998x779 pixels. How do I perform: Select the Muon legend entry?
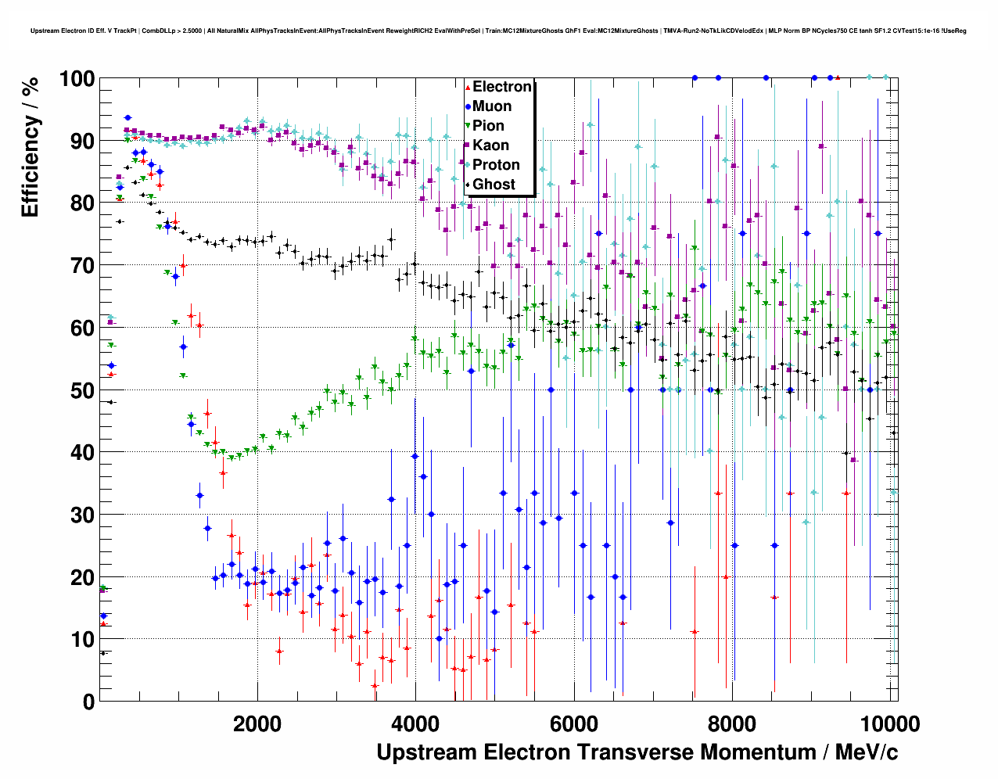pyautogui.click(x=492, y=106)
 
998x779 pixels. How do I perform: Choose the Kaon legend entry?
pyautogui.click(x=490, y=145)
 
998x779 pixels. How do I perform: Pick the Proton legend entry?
pyautogui.click(x=496, y=165)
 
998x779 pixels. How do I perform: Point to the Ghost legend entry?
pyautogui.click(x=494, y=185)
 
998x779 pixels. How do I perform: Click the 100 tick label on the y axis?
pyautogui.click(x=77, y=79)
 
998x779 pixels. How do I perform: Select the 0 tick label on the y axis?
pyautogui.click(x=88, y=702)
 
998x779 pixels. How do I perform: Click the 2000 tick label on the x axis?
pyautogui.click(x=257, y=723)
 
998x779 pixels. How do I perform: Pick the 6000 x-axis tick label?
pyautogui.click(x=573, y=723)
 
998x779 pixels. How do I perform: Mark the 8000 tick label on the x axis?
pyautogui.click(x=731, y=723)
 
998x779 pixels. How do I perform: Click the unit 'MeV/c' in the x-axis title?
pyautogui.click(x=866, y=752)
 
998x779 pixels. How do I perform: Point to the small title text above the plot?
pyautogui.click(x=498, y=31)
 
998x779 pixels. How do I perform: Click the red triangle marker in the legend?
pyautogui.click(x=468, y=87)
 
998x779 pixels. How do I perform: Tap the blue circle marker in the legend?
pyautogui.click(x=468, y=106)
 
